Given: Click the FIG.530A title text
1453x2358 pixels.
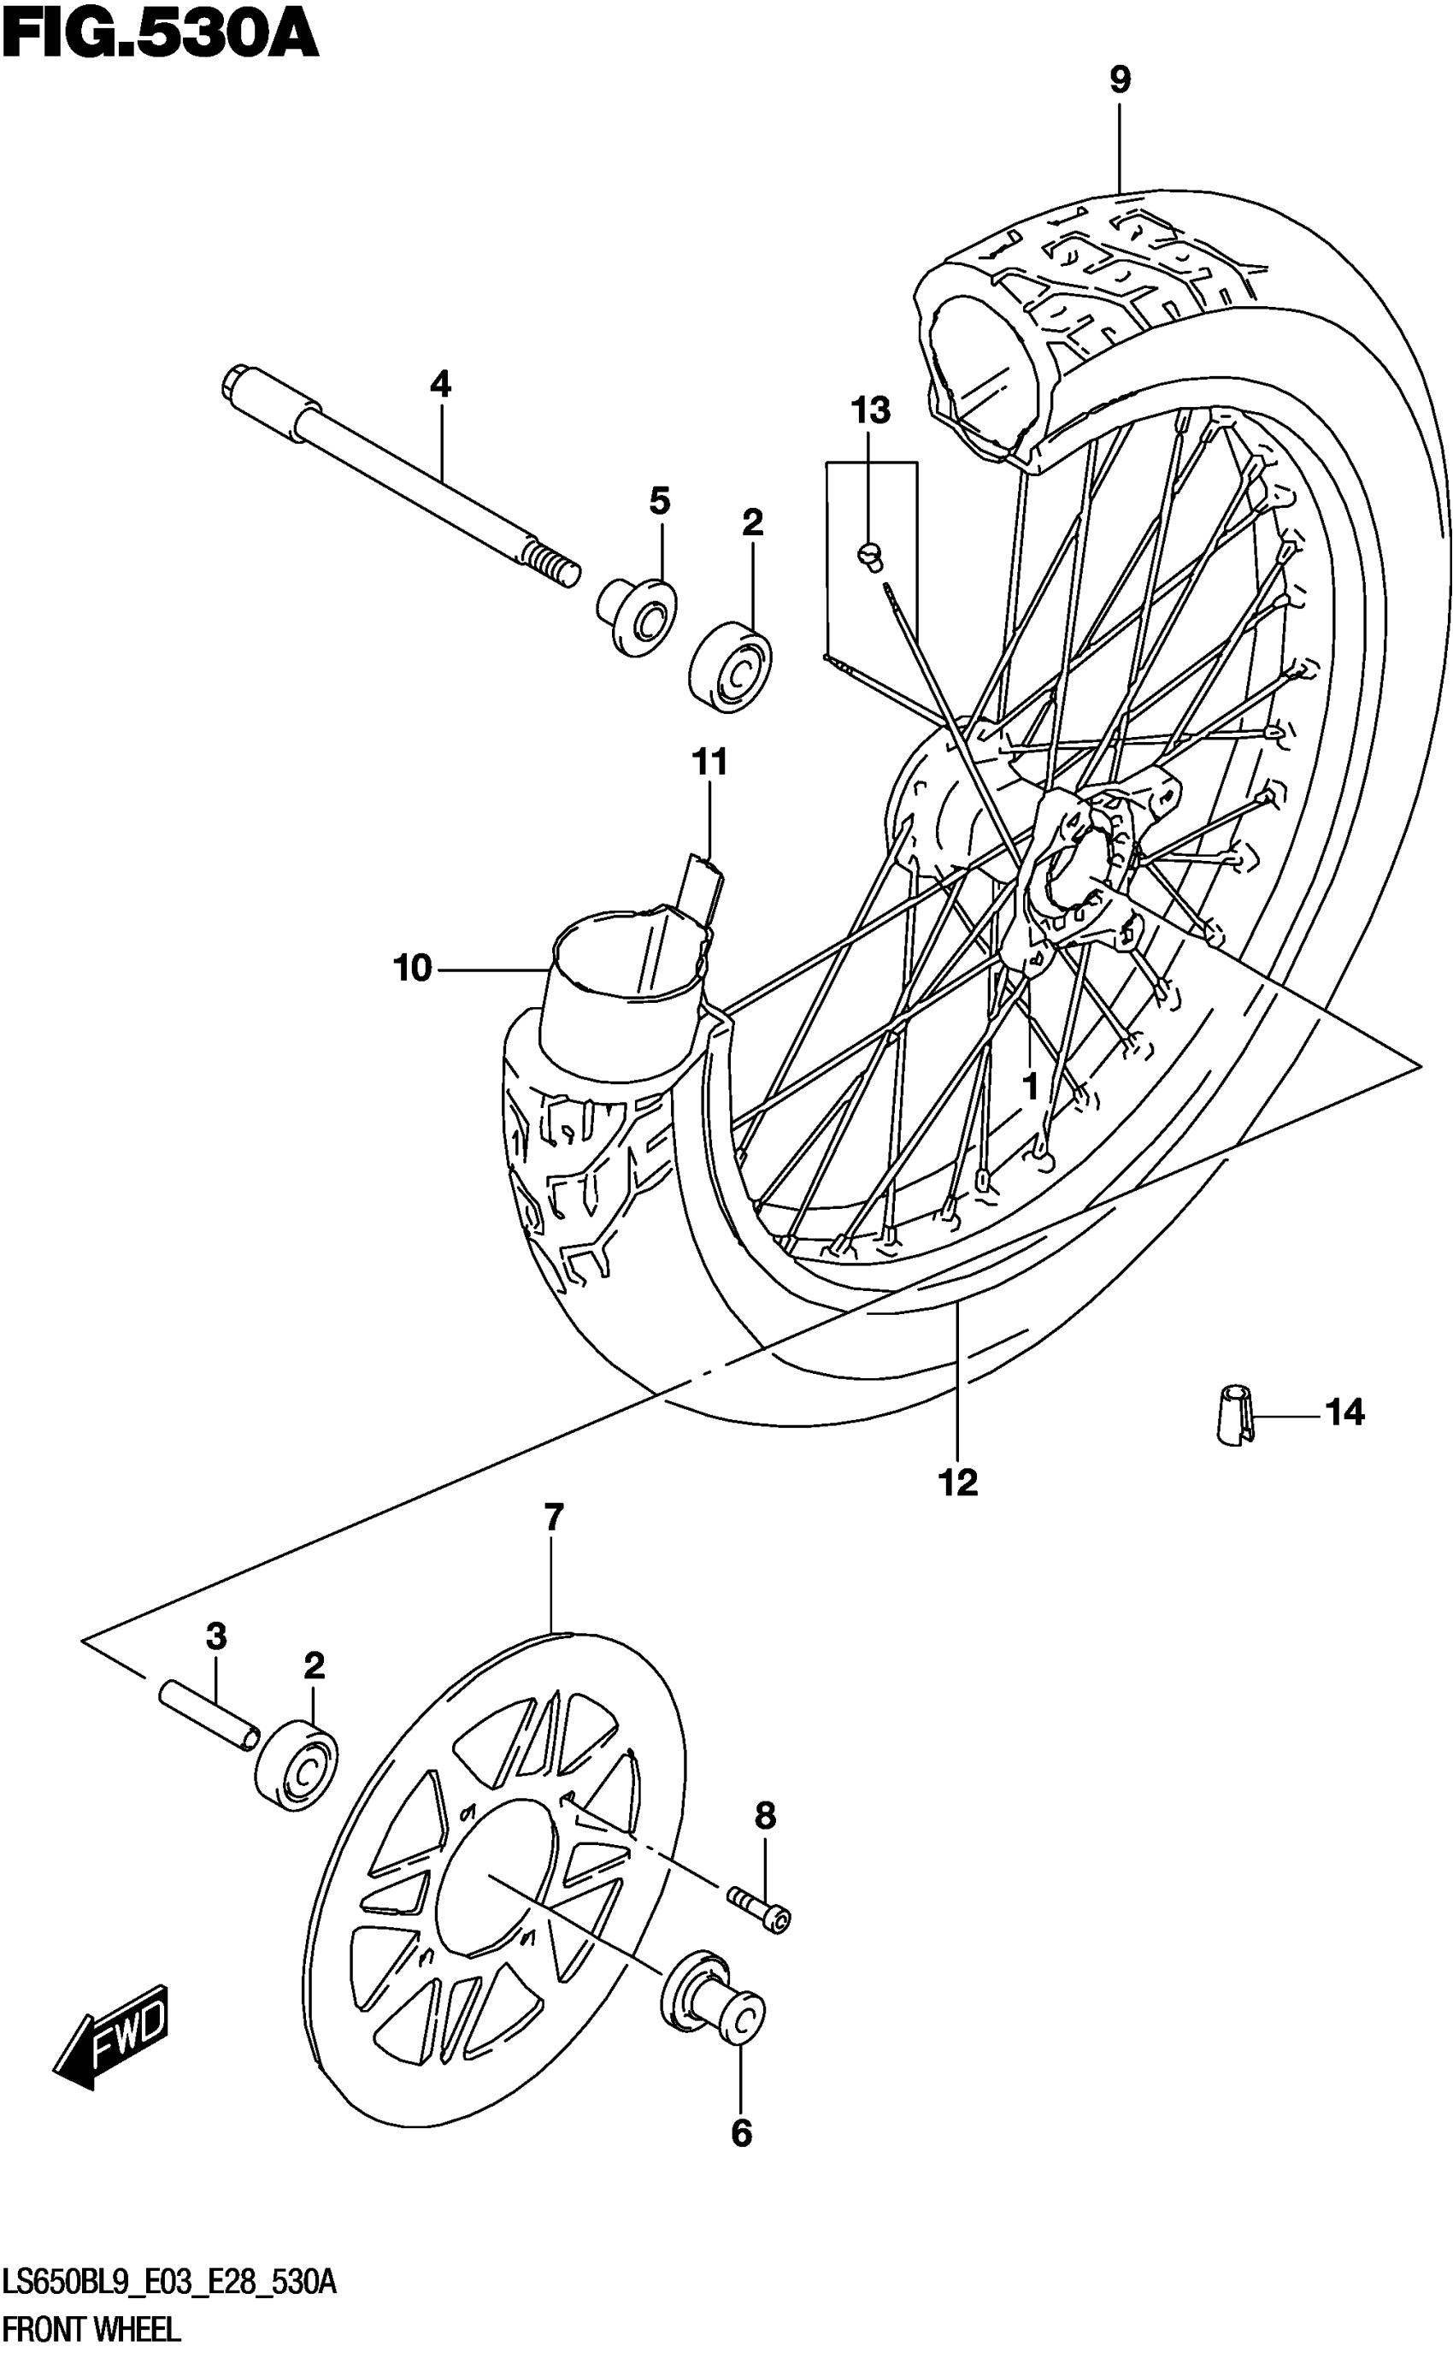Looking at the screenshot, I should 160,37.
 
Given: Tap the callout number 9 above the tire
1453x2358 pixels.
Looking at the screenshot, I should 1120,80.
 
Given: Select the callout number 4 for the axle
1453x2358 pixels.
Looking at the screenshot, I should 440,386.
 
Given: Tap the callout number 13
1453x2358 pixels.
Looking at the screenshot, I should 871,411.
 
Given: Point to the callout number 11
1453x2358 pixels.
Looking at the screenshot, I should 709,763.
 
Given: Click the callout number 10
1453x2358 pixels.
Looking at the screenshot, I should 412,969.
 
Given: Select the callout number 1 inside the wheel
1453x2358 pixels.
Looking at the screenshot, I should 1030,1088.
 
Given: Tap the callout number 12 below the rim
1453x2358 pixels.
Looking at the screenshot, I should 958,1483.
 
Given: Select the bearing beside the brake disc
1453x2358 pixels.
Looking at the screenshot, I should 295,1767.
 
